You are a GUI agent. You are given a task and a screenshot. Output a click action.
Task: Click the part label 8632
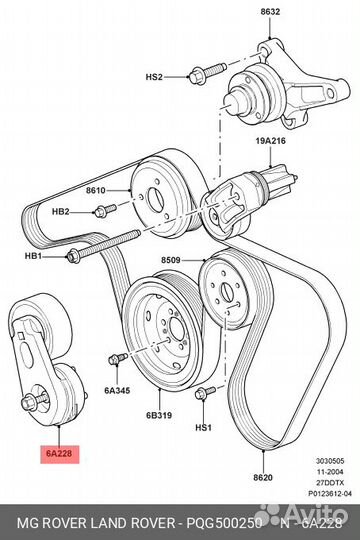click(270, 12)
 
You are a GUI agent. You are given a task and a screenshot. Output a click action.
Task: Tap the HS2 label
click(154, 76)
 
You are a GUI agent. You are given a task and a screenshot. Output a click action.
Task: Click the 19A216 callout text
click(270, 141)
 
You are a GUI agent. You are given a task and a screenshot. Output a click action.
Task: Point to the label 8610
click(96, 190)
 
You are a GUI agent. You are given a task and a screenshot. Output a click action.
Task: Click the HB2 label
click(61, 211)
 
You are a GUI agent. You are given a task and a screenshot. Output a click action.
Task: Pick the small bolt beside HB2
click(105, 211)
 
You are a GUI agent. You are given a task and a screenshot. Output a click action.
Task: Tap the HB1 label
click(33, 256)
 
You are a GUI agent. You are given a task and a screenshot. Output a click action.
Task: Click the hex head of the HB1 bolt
click(73, 256)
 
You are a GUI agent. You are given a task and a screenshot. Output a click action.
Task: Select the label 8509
click(171, 260)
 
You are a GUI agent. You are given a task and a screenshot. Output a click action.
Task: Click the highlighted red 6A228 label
click(60, 454)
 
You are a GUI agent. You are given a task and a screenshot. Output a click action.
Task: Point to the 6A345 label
click(117, 391)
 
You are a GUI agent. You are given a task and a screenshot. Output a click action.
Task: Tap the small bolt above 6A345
click(117, 358)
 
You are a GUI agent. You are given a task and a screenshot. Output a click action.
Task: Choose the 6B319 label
click(159, 415)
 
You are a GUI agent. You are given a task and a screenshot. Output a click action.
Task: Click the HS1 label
click(203, 428)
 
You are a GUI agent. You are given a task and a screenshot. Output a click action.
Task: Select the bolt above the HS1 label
click(205, 393)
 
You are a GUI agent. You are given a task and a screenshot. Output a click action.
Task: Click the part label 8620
click(263, 477)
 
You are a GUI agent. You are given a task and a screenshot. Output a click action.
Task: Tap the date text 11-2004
click(331, 472)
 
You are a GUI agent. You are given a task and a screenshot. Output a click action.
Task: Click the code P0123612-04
click(330, 494)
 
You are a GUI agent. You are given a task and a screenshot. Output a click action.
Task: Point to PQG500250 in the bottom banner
click(224, 524)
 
